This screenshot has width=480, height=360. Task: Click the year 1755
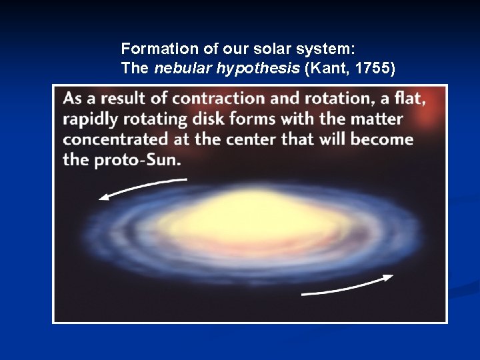373,68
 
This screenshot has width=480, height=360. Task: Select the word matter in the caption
377,119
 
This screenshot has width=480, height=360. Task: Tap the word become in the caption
382,139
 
